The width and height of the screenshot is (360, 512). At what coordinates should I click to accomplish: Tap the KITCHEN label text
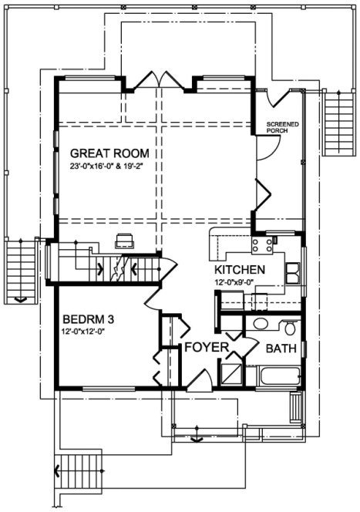(x=240, y=270)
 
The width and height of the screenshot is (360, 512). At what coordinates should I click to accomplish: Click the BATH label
(x=281, y=349)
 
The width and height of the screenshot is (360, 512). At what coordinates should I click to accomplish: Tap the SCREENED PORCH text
(x=282, y=127)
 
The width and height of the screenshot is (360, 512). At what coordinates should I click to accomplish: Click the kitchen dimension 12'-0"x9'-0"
(x=239, y=282)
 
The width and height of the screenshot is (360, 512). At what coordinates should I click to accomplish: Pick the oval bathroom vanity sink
(x=261, y=325)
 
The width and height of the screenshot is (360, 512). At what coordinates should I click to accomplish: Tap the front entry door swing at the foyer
(x=199, y=379)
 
